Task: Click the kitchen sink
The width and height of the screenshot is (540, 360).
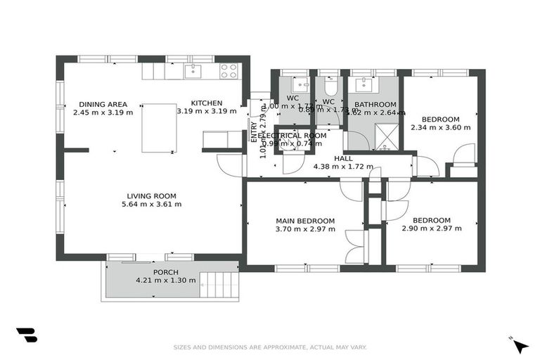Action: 192,70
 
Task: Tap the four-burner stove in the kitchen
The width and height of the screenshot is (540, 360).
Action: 229,70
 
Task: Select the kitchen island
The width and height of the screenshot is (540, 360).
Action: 159,127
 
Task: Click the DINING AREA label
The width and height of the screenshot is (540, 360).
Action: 103,104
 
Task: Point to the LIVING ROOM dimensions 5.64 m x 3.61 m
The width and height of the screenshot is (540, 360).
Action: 151,205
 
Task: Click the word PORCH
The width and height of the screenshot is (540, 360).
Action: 166,272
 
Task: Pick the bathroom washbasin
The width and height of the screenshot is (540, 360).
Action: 365,84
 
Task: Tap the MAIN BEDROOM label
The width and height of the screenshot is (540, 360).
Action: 304,221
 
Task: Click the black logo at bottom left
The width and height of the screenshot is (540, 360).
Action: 26,335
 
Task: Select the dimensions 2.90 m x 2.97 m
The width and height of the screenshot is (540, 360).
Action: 432,229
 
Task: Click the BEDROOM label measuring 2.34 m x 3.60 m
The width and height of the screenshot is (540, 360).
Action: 441,119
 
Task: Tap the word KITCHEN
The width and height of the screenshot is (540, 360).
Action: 207,103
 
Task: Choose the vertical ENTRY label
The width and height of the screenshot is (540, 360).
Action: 254,132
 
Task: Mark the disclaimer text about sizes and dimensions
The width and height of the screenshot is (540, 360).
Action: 270,347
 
